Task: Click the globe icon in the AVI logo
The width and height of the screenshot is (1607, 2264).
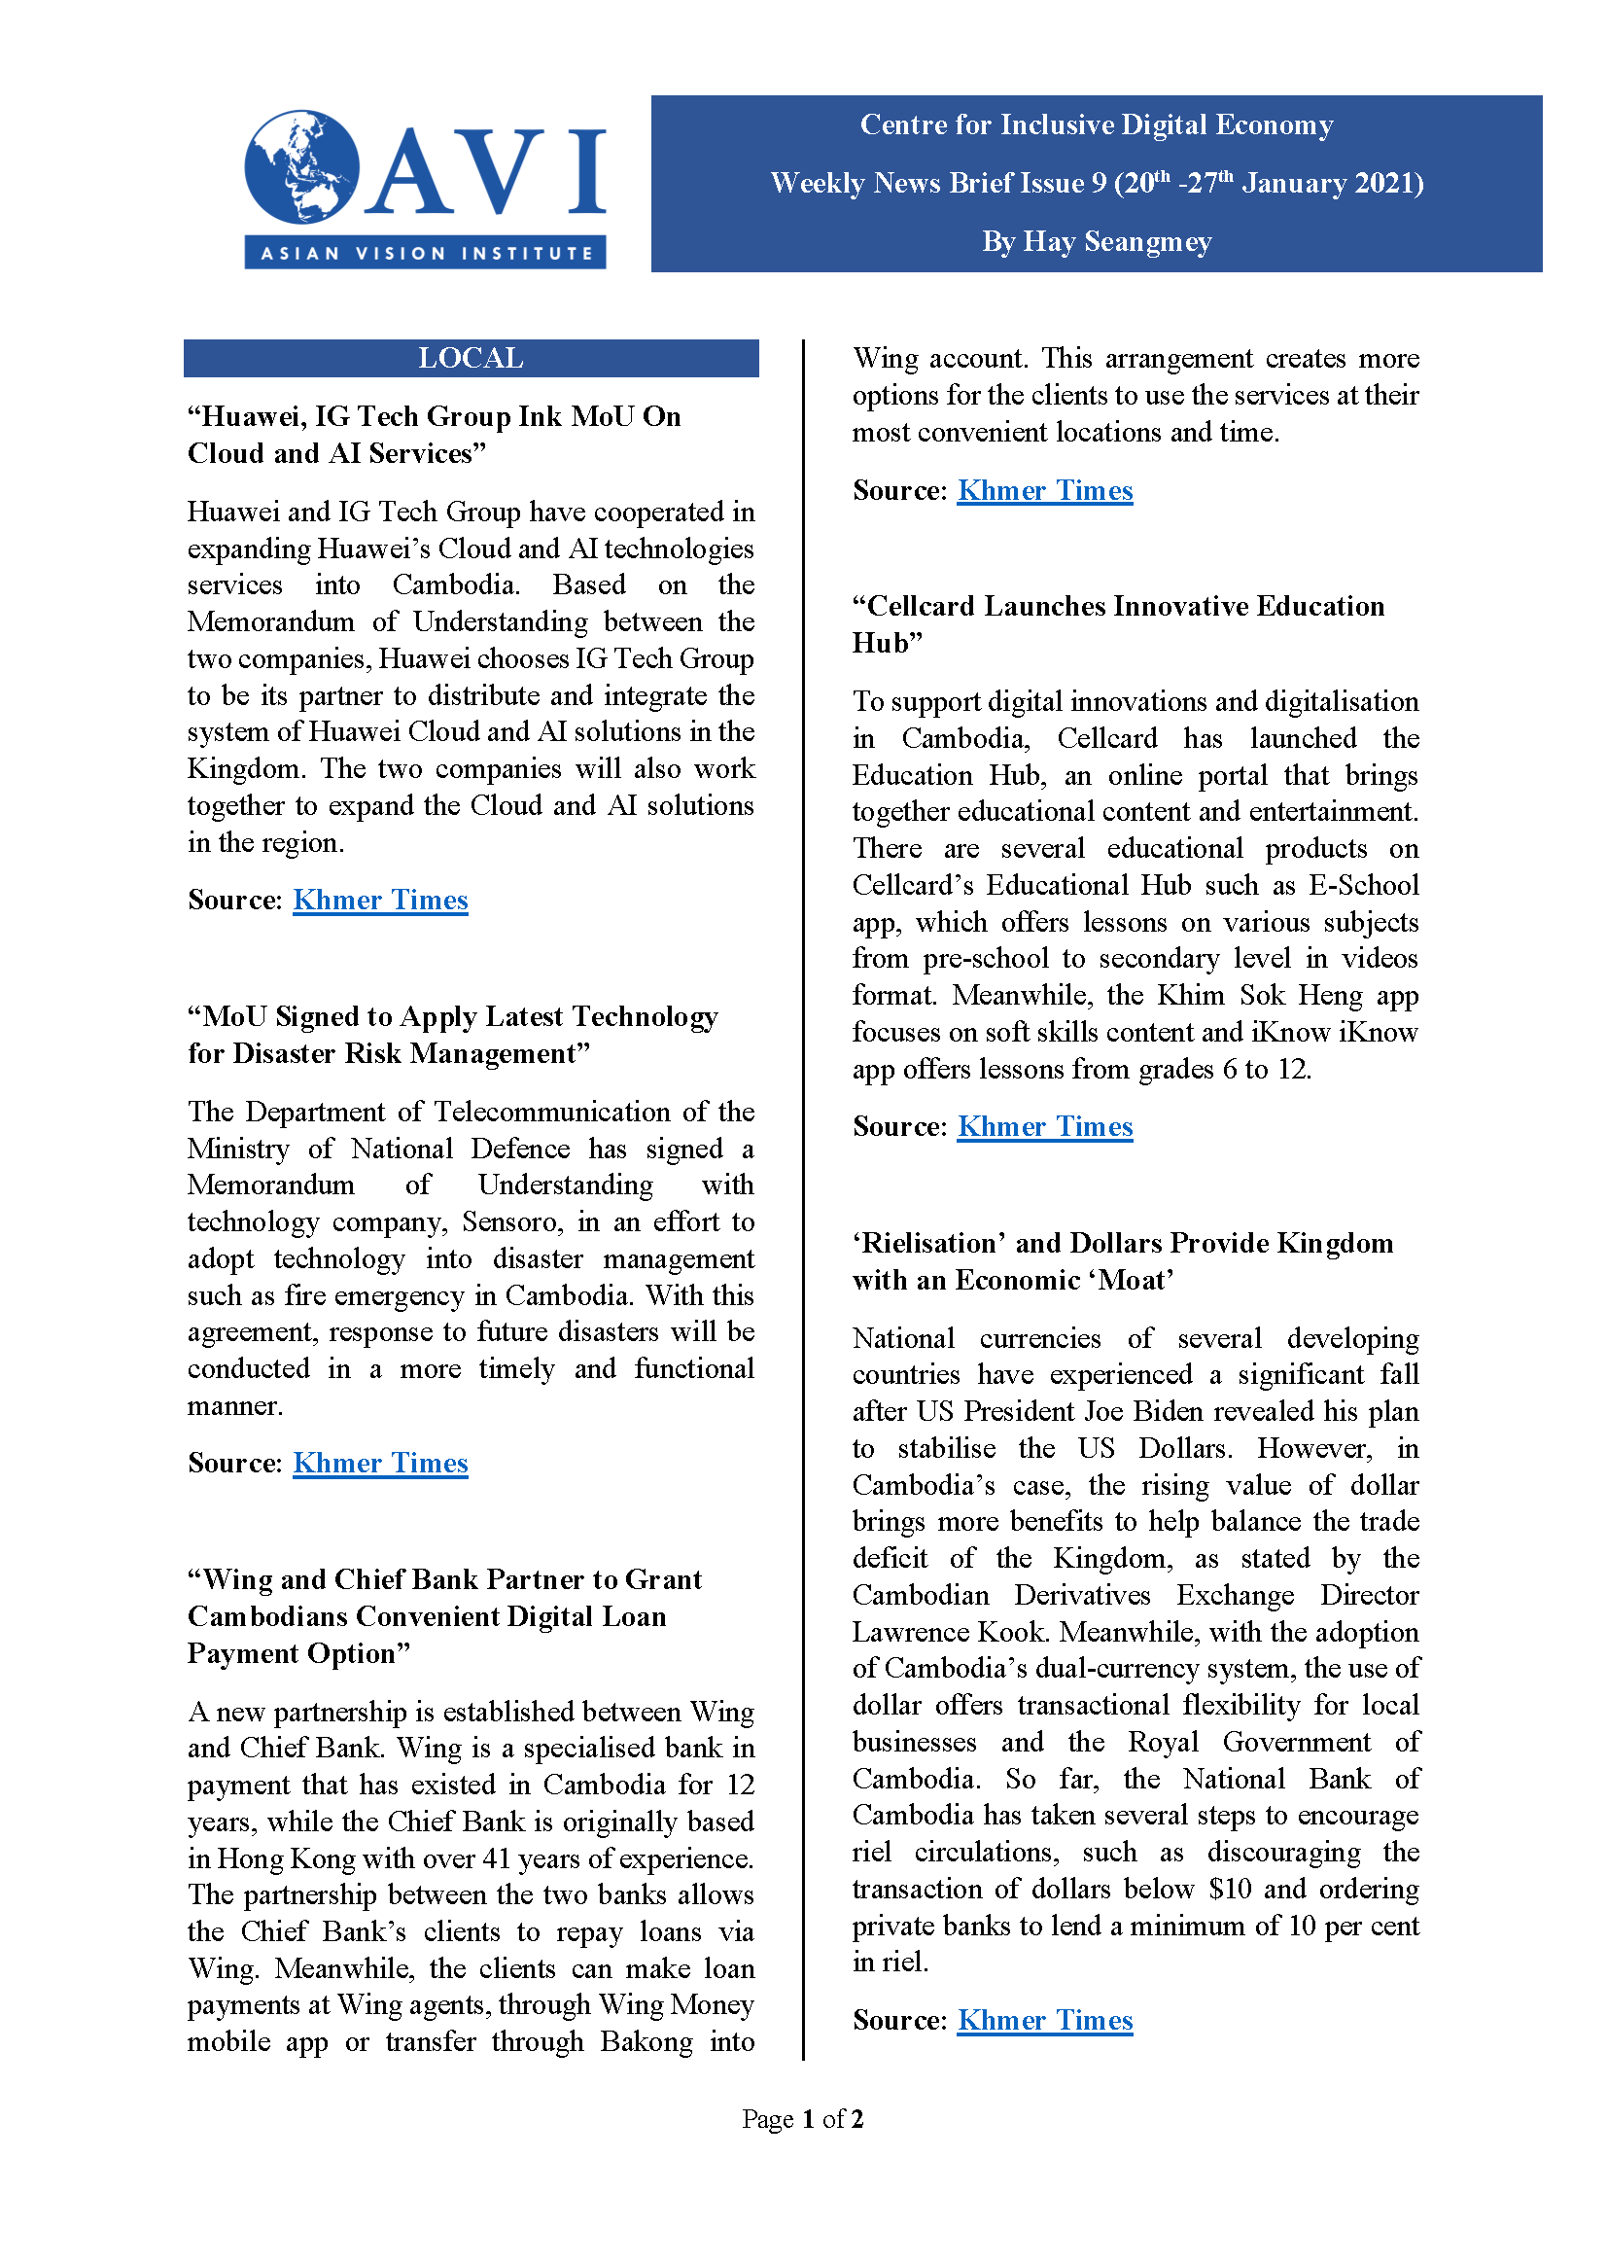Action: click(301, 166)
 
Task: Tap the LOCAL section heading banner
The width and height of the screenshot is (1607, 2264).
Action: click(470, 358)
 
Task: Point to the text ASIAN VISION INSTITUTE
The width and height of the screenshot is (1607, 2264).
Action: click(426, 254)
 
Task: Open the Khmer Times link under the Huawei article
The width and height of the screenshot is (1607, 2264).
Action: click(380, 900)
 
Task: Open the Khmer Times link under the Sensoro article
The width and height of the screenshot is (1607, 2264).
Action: click(380, 1463)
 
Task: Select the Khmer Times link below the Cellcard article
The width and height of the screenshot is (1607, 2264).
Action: click(1045, 1126)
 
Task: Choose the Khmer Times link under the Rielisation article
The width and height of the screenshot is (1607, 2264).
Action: click(1045, 2020)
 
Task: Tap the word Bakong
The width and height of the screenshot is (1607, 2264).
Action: click(646, 2041)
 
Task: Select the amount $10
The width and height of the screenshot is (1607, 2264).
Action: click(1230, 1889)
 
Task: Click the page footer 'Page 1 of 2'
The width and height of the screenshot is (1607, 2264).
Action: click(802, 2118)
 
